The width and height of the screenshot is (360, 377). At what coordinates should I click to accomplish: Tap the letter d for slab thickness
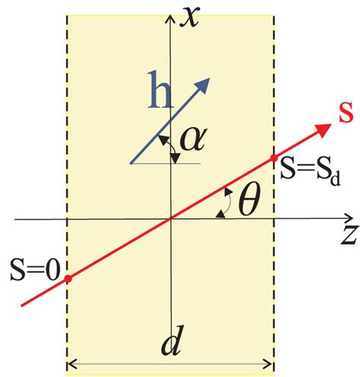tap(170, 347)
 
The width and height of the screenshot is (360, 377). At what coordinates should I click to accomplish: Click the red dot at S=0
tap(68, 279)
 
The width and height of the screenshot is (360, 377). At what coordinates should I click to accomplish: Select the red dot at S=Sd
tap(274, 158)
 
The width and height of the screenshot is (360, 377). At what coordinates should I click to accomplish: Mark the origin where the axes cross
tap(172, 220)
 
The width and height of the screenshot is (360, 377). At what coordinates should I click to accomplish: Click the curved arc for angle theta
tap(226, 204)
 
